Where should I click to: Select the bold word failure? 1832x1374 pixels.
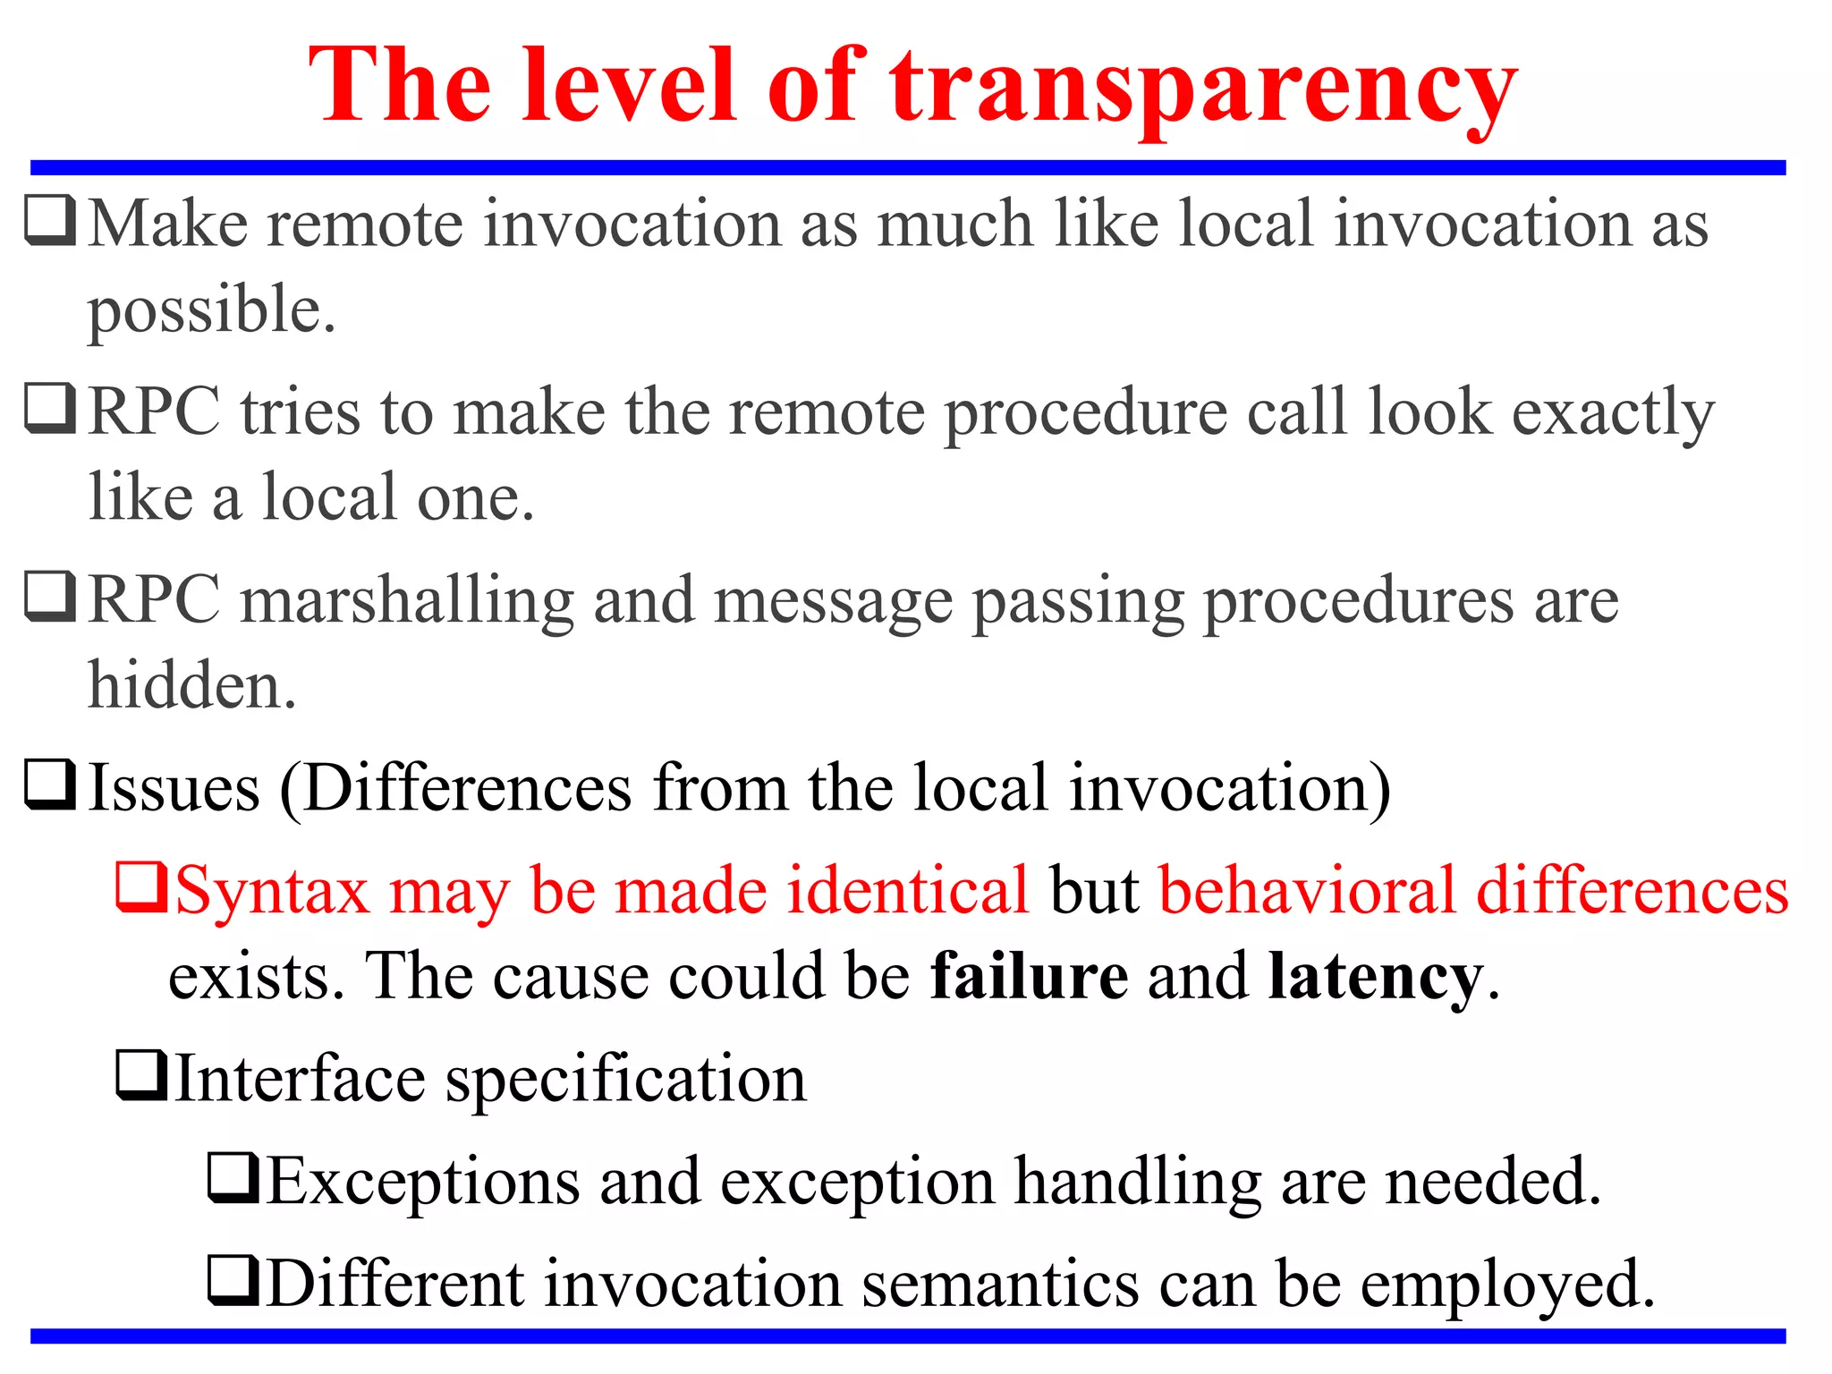[1029, 976]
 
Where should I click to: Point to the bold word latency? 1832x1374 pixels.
[1375, 976]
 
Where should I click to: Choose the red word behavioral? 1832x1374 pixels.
[1307, 891]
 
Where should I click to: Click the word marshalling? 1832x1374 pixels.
[407, 601]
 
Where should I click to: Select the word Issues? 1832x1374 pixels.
[174, 789]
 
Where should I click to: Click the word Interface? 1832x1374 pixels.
[300, 1080]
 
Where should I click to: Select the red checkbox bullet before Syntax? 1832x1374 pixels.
[140, 886]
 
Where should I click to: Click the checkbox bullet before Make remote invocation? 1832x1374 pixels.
[49, 220]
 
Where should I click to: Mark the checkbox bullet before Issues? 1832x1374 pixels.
[49, 785]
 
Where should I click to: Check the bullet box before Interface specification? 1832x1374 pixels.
[141, 1075]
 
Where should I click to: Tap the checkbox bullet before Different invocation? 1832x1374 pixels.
[233, 1280]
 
